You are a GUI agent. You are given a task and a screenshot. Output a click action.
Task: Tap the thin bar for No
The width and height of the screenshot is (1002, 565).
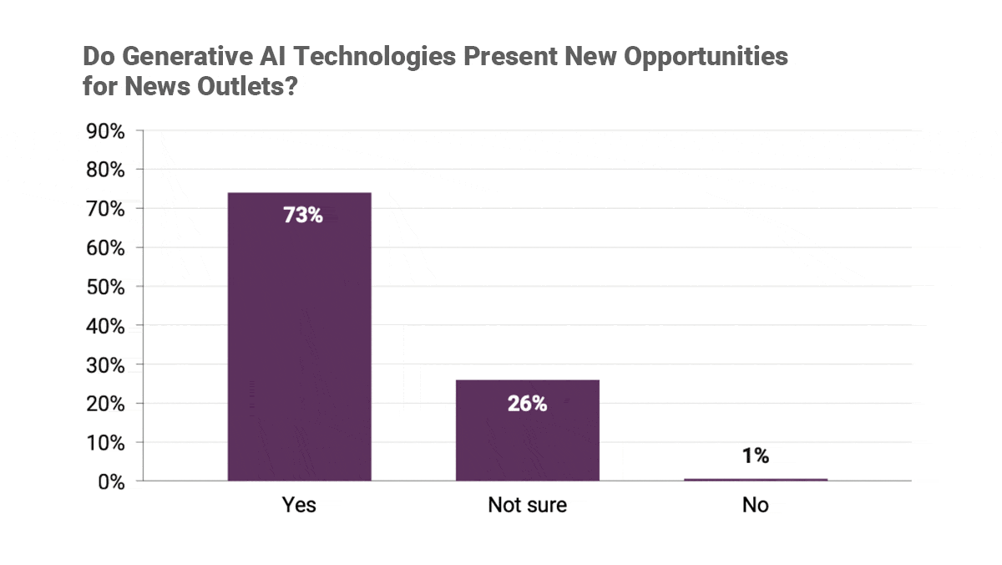click(x=755, y=480)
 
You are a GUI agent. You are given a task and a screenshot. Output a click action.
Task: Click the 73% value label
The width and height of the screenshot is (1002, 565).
click(x=302, y=215)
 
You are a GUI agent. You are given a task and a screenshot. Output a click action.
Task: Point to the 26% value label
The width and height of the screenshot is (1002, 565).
click(x=527, y=404)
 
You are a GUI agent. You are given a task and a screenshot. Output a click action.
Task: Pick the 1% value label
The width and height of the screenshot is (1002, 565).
click(x=755, y=456)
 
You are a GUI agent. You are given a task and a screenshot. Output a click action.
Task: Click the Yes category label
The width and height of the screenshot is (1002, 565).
click(x=299, y=506)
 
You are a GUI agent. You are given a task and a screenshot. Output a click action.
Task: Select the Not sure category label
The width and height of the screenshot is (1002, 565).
click(x=527, y=506)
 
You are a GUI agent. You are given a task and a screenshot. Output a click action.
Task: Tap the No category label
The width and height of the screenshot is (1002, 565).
click(x=755, y=506)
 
